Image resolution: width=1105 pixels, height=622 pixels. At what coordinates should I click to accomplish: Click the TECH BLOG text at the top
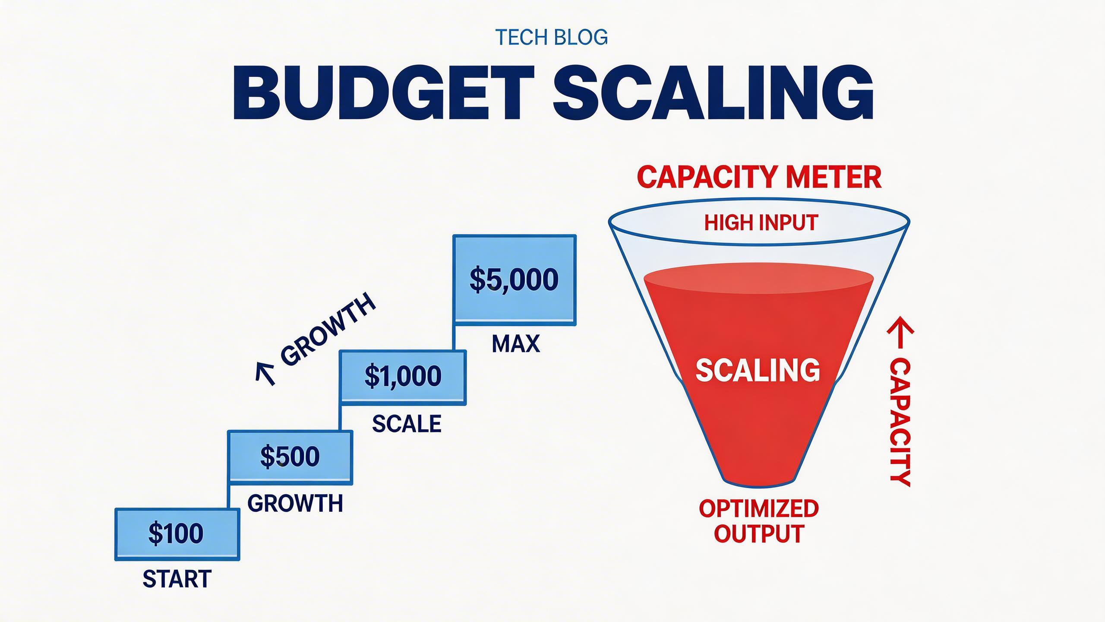click(x=552, y=38)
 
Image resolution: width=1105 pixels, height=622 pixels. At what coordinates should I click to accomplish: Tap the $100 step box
click(x=177, y=534)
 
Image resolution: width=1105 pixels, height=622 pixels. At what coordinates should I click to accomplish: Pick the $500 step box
click(x=290, y=457)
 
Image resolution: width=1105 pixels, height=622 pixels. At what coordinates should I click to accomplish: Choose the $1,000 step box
click(x=403, y=377)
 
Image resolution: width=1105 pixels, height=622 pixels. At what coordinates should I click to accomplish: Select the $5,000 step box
click(x=515, y=280)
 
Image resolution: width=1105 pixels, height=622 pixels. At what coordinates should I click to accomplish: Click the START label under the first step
click(x=177, y=579)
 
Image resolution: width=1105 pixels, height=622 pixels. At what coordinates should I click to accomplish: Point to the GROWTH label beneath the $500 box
click(x=295, y=504)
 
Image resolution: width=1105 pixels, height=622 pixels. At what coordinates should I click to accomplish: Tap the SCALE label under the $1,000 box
click(x=407, y=424)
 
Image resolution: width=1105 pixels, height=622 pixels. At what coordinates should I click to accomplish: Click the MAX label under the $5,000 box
click(x=516, y=344)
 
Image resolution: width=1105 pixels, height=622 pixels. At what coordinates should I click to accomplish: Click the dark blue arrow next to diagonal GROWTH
click(x=265, y=372)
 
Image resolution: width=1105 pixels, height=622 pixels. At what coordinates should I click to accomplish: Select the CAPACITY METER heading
click(x=759, y=178)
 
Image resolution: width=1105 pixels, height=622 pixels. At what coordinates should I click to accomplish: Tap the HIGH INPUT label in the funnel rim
click(x=761, y=223)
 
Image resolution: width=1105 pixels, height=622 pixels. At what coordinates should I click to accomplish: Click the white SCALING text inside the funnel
click(x=758, y=370)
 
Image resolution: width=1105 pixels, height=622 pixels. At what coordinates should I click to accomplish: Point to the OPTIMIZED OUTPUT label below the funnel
click(x=759, y=521)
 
